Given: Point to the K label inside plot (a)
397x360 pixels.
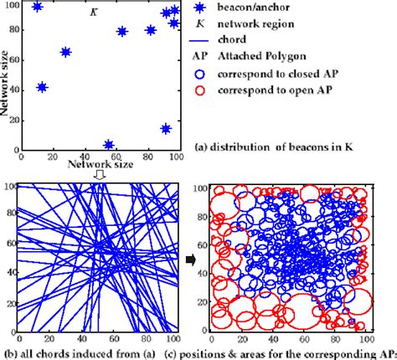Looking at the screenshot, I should point(92,14).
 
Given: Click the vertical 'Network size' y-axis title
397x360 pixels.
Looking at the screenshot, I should point(6,84).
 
